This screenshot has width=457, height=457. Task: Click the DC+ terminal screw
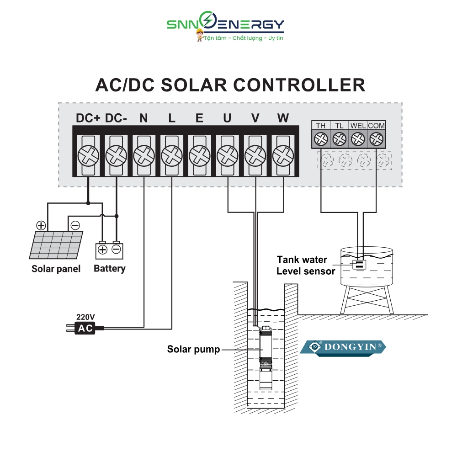[88, 156]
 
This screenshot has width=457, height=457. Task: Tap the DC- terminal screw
[116, 156]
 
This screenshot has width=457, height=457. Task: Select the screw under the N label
[144, 156]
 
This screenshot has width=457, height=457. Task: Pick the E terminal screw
[199, 156]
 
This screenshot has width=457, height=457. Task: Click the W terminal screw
[283, 156]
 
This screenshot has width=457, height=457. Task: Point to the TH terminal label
[321, 126]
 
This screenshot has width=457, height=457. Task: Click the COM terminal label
[376, 126]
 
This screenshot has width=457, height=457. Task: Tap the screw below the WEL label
[358, 138]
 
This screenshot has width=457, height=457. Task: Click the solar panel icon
[56, 245]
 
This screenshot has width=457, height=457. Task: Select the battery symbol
[109, 250]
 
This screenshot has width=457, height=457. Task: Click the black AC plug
[85, 328]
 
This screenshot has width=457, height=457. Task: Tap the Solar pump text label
[193, 350]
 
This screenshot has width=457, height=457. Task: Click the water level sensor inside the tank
[359, 264]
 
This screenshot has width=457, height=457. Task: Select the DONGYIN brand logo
[343, 347]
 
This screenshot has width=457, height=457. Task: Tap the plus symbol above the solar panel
[41, 225]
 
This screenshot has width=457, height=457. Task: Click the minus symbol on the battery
[116, 250]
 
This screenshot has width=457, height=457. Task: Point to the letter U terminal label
[227, 118]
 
